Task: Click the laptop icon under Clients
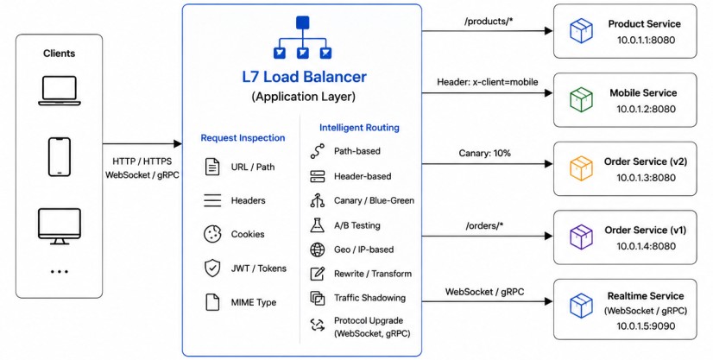point(59,91)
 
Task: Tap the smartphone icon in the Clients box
point(59,157)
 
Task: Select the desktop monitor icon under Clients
point(59,226)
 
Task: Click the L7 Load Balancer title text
point(304,76)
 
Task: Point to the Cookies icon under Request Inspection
point(212,234)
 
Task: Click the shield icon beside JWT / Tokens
point(212,268)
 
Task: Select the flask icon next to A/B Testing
point(318,225)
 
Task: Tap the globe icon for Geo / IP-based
point(318,249)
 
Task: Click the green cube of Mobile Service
point(581,99)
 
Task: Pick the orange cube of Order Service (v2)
point(581,168)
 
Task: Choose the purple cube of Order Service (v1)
point(581,237)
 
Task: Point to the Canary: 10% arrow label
point(485,153)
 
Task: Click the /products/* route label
point(489,22)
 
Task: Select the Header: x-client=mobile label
point(488,82)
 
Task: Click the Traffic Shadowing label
point(369,298)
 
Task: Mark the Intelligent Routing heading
point(359,128)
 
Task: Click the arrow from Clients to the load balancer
point(142,144)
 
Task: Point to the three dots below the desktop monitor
point(59,271)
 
